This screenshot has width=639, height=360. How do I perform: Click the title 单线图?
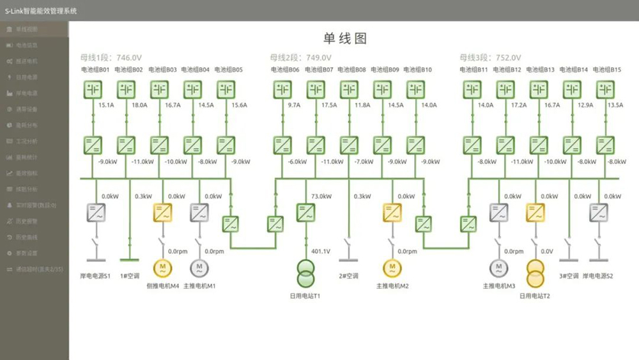tap(345, 38)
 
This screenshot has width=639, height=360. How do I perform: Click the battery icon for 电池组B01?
tap(93, 90)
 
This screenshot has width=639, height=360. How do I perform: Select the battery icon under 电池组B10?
tap(415, 90)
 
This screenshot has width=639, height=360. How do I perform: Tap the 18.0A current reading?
tap(139, 105)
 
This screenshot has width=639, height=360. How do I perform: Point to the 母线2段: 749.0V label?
tap(300, 58)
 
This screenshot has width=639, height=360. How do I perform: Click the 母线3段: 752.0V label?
tap(490, 58)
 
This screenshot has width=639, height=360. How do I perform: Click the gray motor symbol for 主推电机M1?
tap(199, 267)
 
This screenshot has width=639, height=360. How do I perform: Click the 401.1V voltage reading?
tap(320, 252)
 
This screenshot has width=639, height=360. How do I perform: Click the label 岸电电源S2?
tap(597, 277)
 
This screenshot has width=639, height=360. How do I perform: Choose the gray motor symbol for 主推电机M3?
tap(498, 267)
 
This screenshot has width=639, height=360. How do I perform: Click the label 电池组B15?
tap(607, 70)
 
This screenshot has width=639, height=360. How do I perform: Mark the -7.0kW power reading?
tap(364, 162)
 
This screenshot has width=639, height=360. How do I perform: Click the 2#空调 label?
tap(350, 277)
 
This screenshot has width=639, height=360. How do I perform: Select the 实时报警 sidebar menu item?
tap(36, 205)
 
